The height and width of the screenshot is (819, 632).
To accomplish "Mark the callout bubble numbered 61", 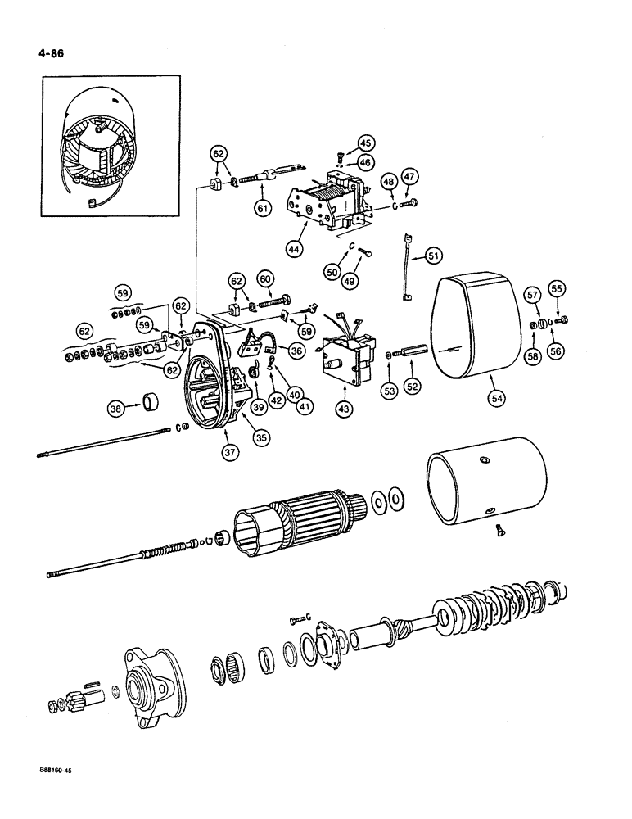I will click(263, 210).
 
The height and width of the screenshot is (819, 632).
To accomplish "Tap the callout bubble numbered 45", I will click(364, 143).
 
